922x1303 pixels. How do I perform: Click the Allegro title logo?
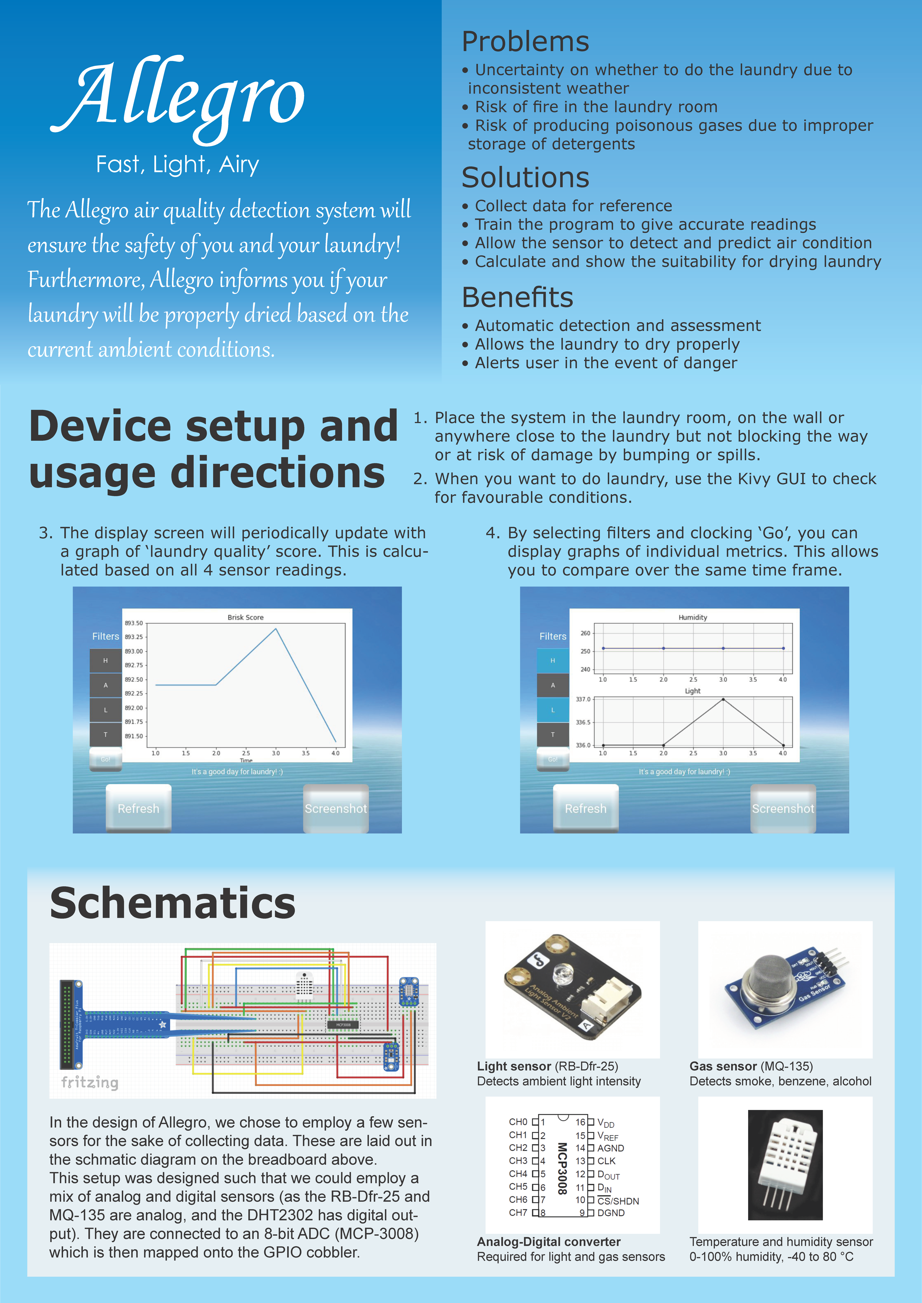tap(179, 96)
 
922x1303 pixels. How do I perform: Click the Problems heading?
tap(525, 41)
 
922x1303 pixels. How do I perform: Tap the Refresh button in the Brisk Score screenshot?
tap(139, 808)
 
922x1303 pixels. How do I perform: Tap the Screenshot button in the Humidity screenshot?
tap(783, 808)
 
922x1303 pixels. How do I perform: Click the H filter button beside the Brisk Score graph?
tap(106, 661)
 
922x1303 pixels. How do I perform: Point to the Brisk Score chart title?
tap(245, 617)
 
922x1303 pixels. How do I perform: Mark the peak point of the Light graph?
tap(723, 699)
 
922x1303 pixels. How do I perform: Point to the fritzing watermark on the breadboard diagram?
tap(90, 1082)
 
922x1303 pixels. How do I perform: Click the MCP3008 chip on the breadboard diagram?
tap(343, 1024)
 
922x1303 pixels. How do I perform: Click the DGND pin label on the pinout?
tap(611, 1213)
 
